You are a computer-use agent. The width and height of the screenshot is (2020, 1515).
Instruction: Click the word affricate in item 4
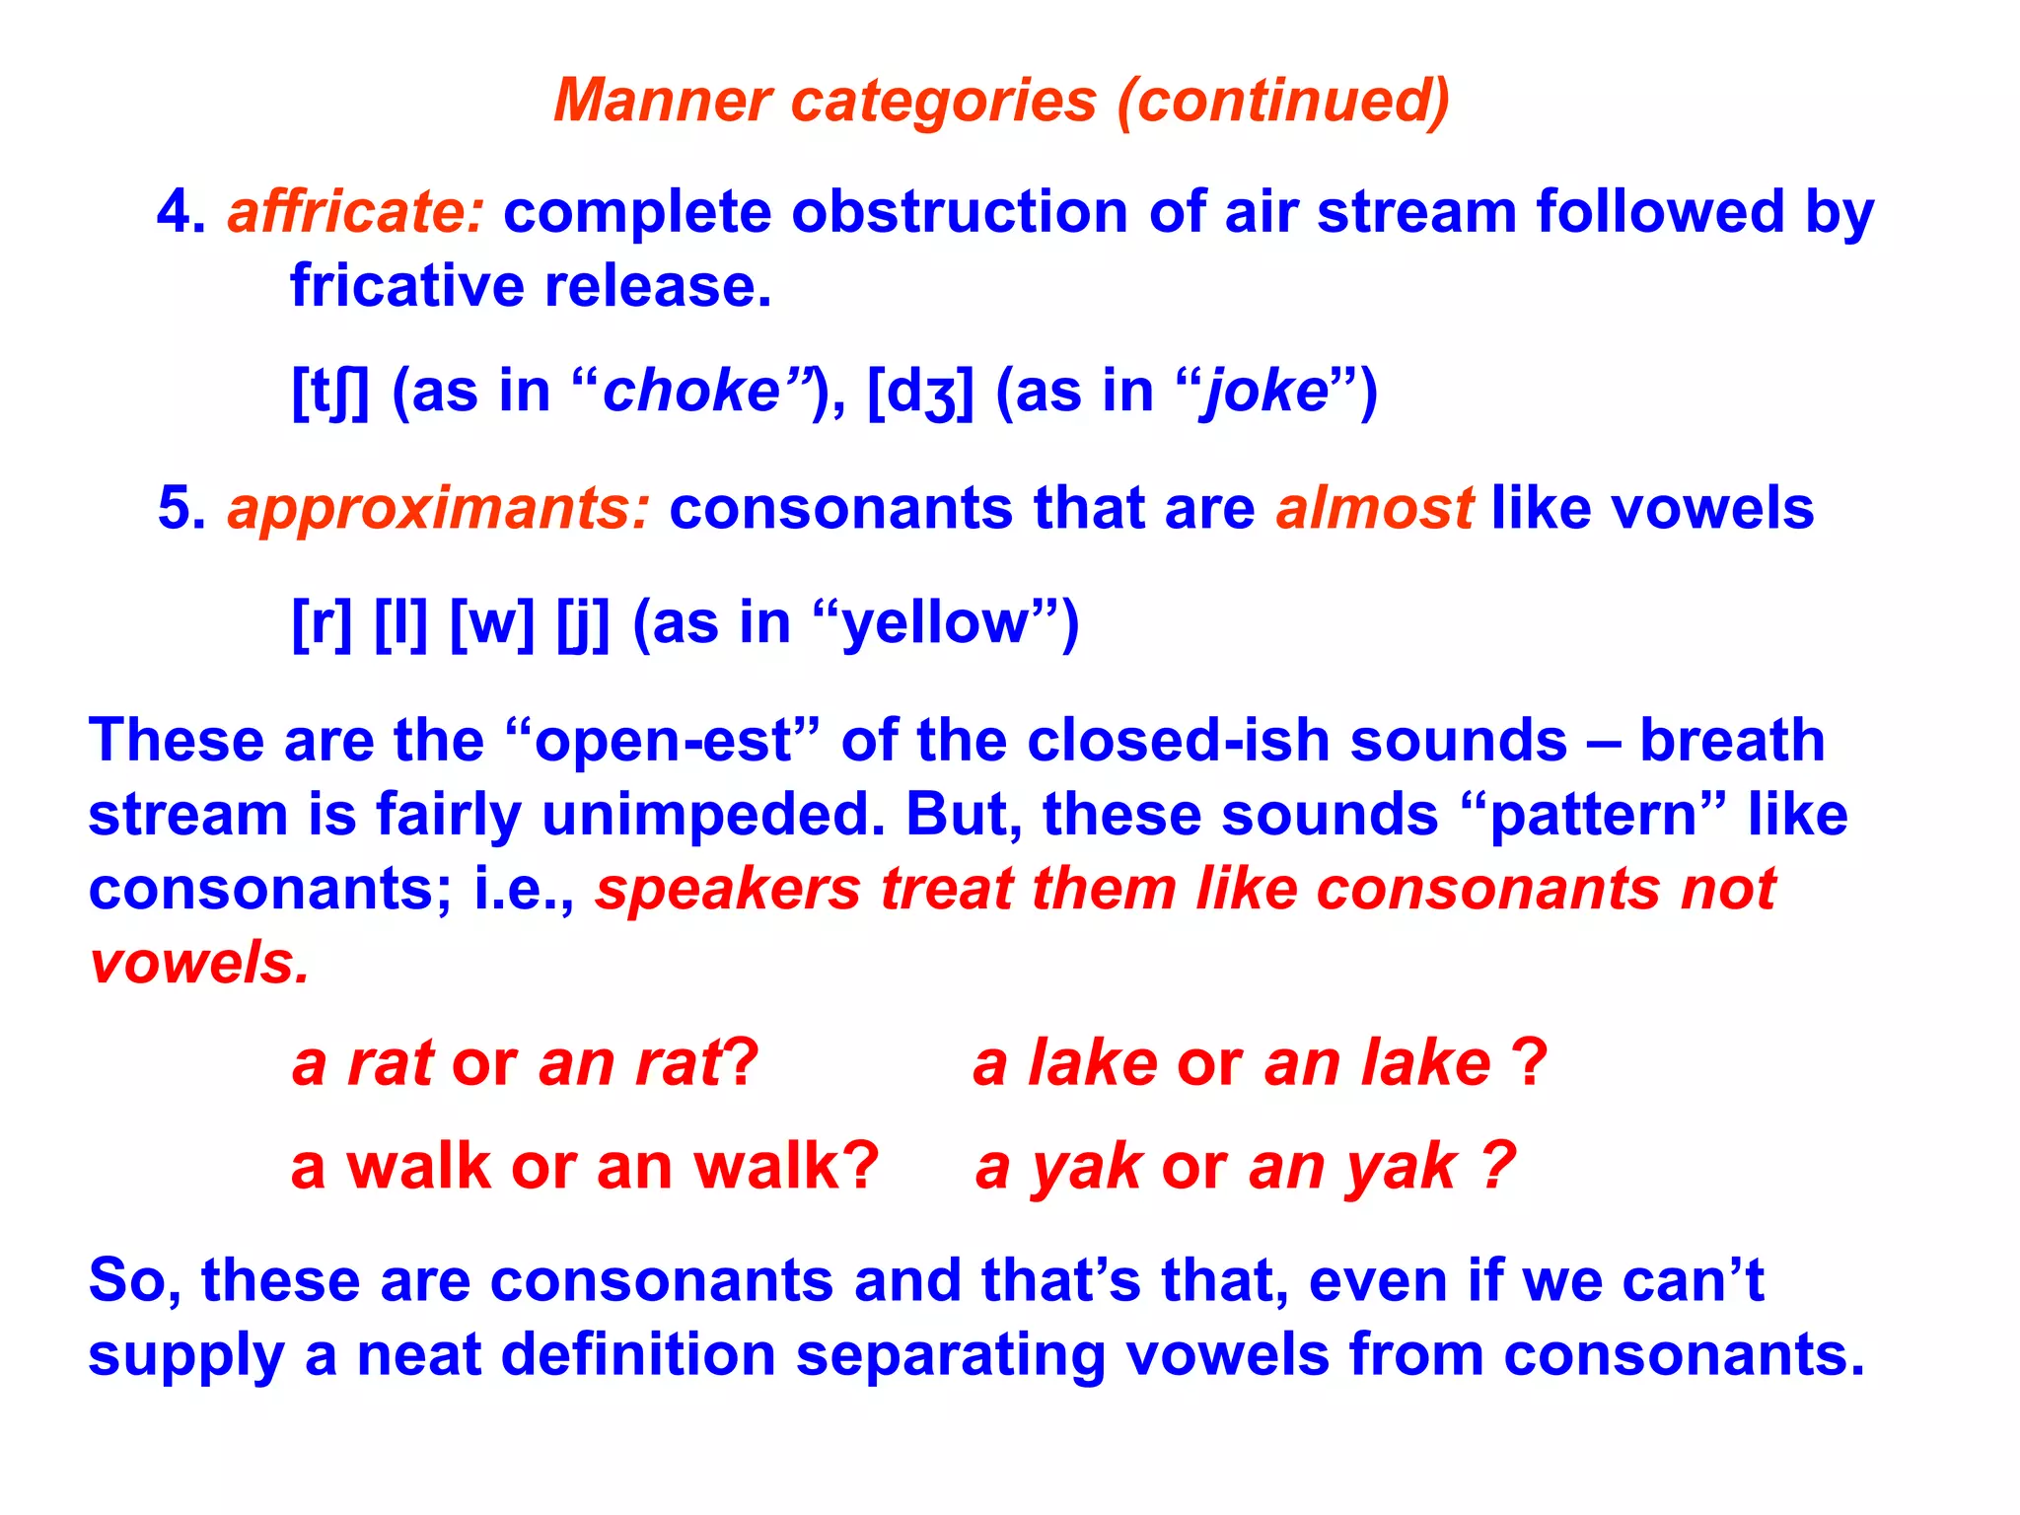[355, 212]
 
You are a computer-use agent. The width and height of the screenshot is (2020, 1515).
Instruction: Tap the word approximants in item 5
[438, 509]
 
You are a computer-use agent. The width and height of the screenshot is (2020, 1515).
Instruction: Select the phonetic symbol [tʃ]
[330, 392]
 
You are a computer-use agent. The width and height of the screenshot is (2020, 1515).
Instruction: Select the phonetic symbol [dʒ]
[920, 392]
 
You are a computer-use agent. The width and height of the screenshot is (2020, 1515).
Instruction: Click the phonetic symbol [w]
[492, 623]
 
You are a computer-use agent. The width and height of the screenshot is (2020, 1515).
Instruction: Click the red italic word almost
[1374, 509]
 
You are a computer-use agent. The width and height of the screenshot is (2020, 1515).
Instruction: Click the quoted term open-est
[662, 741]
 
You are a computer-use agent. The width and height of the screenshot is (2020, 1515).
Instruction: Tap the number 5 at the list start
[180, 509]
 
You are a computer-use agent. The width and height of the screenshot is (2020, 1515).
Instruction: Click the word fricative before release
[407, 286]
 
